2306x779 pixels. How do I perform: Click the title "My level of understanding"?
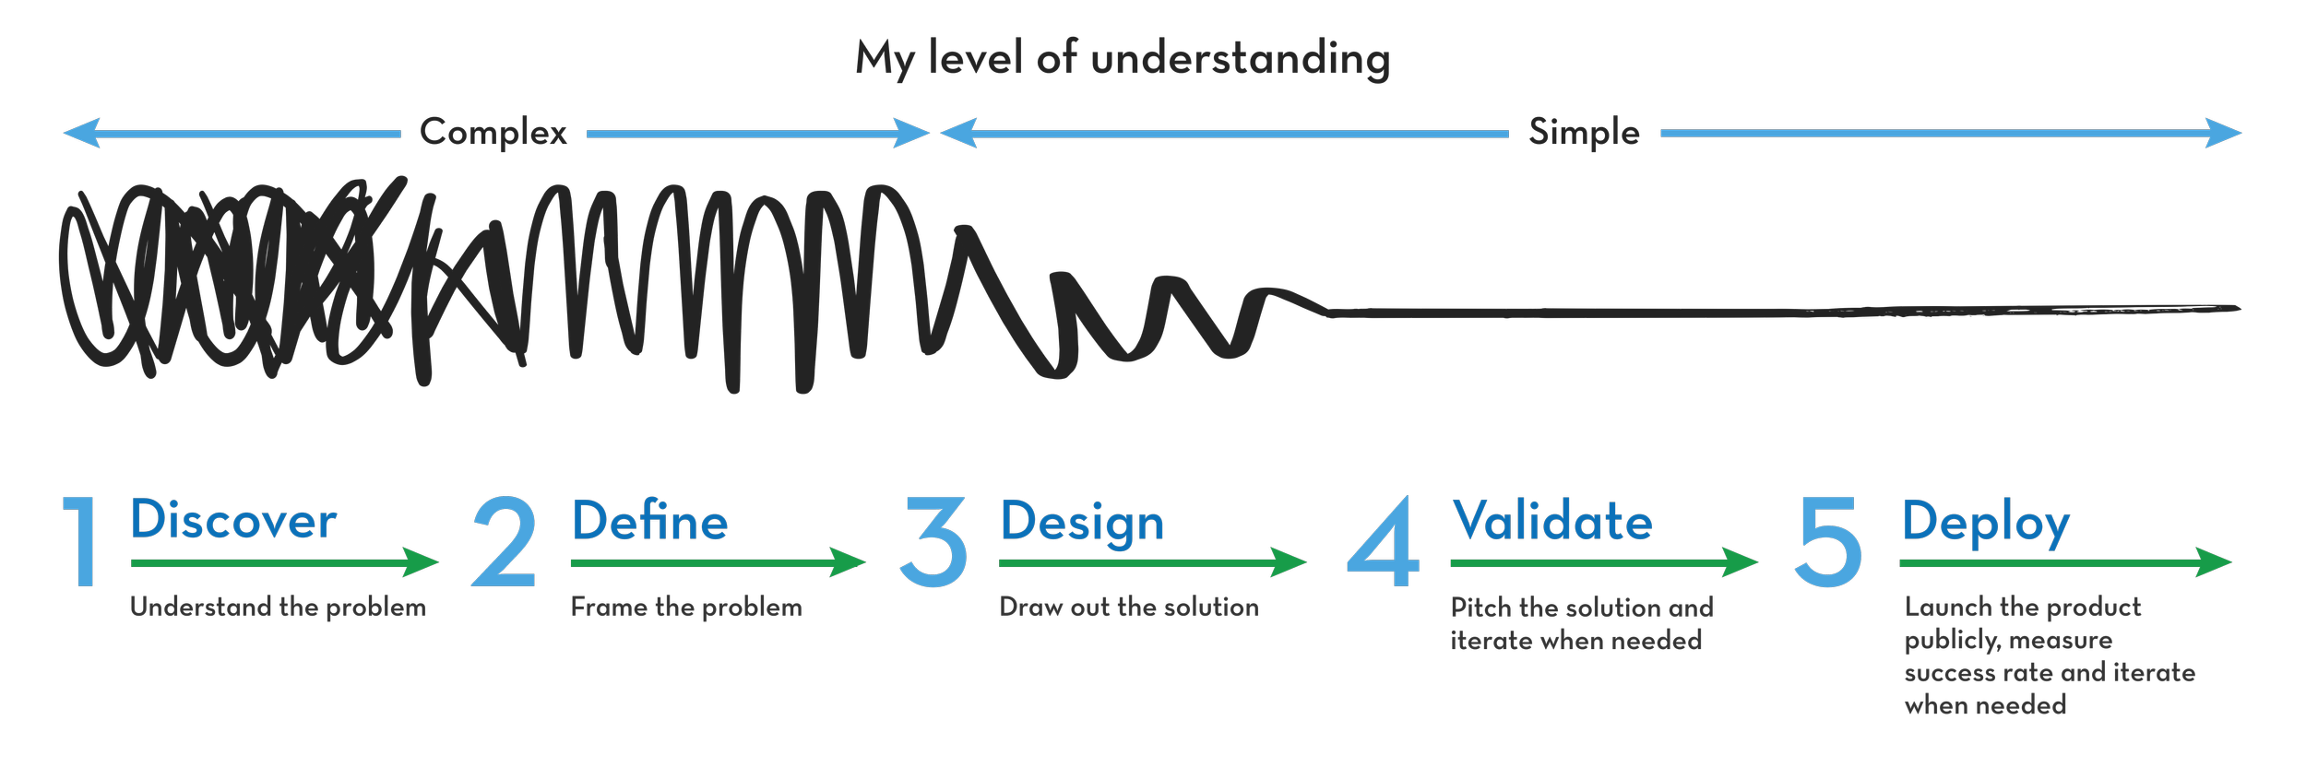(1123, 59)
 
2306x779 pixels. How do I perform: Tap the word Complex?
(493, 133)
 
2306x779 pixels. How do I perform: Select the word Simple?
(1584, 133)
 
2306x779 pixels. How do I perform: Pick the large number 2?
(504, 541)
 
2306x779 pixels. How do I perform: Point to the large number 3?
(933, 541)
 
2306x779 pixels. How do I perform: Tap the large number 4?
(1383, 541)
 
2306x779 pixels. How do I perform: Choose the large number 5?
(1828, 541)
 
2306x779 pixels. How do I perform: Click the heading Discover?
(233, 520)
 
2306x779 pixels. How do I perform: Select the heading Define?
(649, 521)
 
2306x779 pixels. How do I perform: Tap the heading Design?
(1082, 523)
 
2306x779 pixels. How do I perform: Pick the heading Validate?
(1552, 521)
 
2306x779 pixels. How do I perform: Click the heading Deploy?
(1986, 523)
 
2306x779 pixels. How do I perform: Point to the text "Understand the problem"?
(278, 607)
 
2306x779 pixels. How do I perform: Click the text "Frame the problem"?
(686, 607)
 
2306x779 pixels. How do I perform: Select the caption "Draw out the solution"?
(1129, 607)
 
